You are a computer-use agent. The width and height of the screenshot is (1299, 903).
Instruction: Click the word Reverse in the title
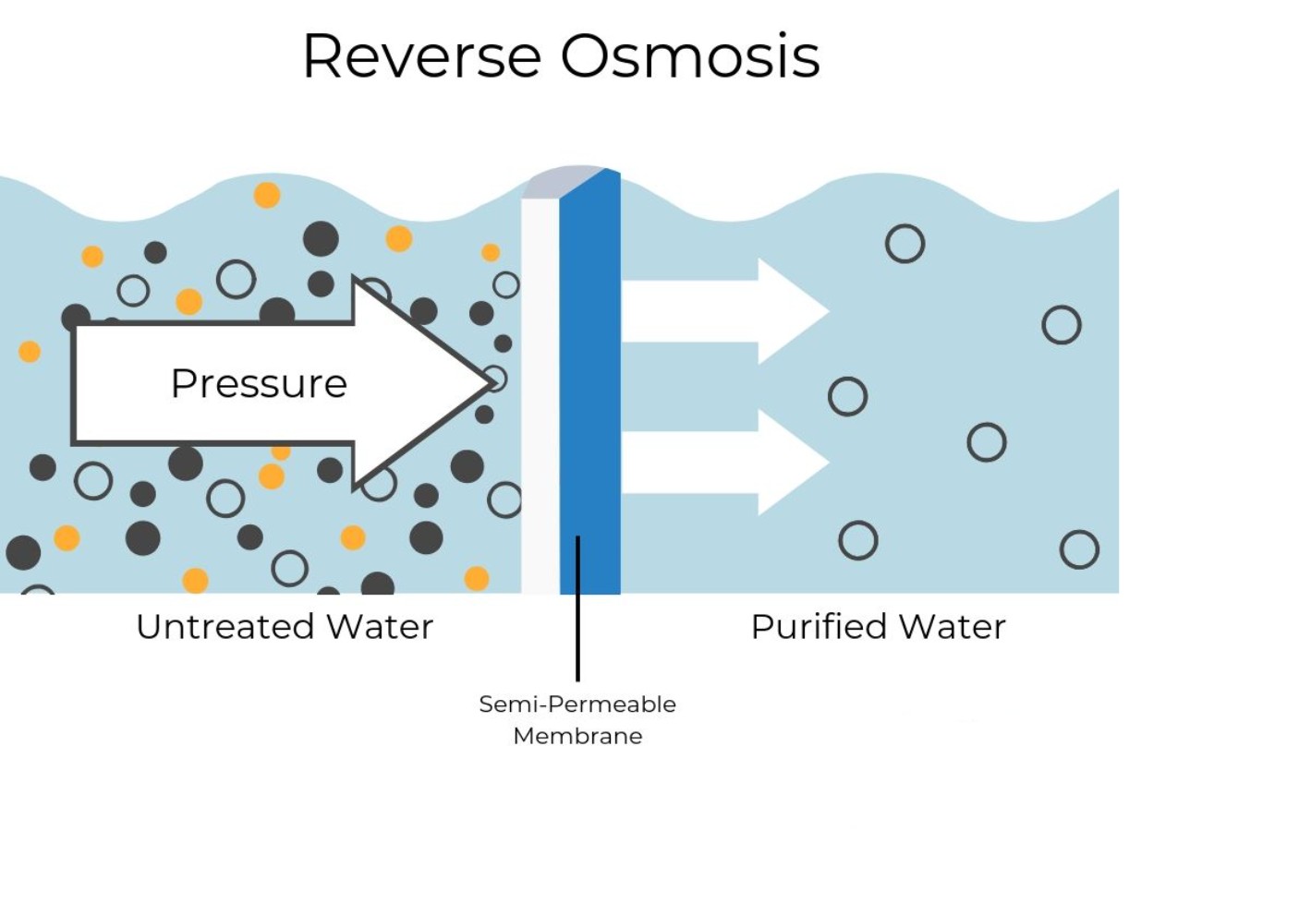tap(420, 56)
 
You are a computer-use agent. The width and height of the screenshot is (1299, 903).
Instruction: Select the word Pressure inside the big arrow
tap(259, 383)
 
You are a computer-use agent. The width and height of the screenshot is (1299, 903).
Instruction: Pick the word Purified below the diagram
tap(819, 627)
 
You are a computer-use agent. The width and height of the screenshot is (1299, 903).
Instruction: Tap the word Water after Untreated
tap(380, 627)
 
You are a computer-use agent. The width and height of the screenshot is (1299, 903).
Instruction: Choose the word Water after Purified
tap(953, 627)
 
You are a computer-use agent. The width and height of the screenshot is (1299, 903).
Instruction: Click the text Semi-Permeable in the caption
tap(577, 704)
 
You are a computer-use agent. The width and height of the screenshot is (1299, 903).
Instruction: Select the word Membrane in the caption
tap(577, 736)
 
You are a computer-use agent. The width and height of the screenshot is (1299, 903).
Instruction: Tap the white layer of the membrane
tap(540, 388)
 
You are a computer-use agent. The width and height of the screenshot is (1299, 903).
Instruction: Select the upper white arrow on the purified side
tap(721, 311)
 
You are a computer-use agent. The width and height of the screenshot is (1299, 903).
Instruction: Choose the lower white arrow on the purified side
tap(721, 462)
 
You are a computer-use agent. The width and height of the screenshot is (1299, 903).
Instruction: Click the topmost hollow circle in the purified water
tap(904, 244)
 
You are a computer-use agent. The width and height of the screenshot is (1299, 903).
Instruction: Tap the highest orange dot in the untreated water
tap(267, 195)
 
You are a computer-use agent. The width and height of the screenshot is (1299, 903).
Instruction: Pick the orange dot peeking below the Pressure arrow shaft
tap(281, 452)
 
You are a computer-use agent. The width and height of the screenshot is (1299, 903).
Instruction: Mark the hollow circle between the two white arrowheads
tap(847, 396)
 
